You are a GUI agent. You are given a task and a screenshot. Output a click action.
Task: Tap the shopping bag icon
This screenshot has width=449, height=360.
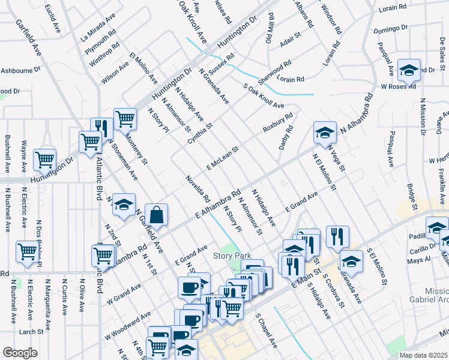[x=155, y=216]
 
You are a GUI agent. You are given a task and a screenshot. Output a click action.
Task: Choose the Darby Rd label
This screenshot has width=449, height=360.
[x=285, y=137]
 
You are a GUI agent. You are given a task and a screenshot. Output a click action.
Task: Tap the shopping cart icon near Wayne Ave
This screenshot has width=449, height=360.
[x=45, y=160]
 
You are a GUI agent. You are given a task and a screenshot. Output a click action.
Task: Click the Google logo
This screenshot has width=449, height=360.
[x=20, y=353]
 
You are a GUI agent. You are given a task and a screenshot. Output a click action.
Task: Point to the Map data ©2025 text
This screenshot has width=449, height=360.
[x=424, y=355]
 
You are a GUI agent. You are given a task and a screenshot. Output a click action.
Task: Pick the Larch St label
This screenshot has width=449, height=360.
[x=31, y=331]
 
